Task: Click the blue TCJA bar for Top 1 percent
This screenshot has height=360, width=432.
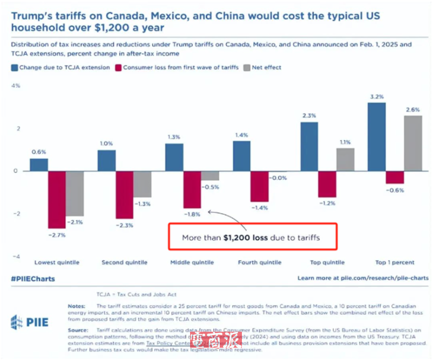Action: coord(376,137)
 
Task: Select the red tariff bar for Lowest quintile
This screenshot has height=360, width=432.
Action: coord(57,199)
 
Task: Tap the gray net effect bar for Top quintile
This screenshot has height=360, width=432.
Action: coord(345,159)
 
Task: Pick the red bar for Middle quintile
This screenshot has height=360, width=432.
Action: coord(192,189)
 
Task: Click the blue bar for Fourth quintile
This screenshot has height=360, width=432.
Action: coord(242,156)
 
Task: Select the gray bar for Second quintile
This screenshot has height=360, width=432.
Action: coord(142,184)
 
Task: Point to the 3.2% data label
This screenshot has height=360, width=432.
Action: coord(376,97)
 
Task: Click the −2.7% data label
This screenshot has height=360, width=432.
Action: coord(56,235)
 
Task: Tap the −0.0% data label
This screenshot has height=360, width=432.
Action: coord(279,178)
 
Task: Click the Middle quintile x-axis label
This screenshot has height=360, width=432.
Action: coord(192,262)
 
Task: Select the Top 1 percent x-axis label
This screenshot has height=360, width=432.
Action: coord(395,262)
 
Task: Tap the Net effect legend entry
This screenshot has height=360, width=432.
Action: coord(263,67)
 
